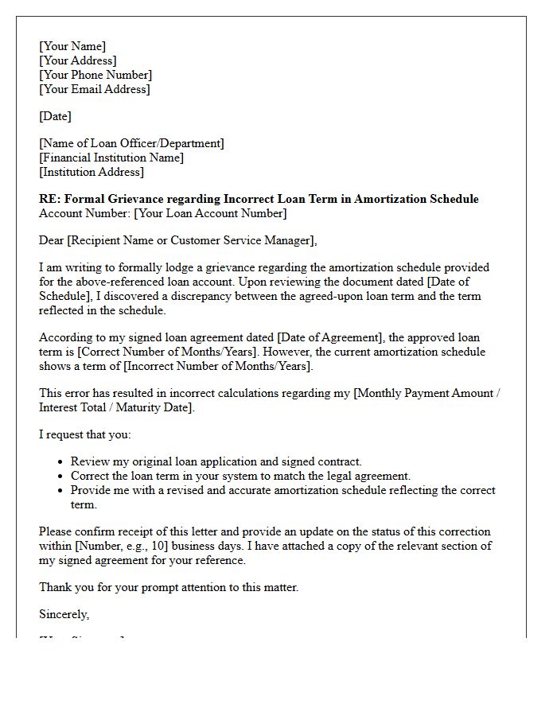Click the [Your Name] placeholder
tap(72, 46)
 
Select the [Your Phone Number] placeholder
tap(95, 75)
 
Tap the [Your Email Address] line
tap(94, 89)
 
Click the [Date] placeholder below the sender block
tap(55, 116)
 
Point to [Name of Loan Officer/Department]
tap(131, 143)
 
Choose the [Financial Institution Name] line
tap(111, 158)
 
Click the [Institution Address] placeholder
tap(92, 172)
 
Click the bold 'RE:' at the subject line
tap(49, 199)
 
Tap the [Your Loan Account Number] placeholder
tap(210, 213)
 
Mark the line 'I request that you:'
tap(85, 434)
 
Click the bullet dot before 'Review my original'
tap(61, 462)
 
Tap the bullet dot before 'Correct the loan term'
tap(61, 477)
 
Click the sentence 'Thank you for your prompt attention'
tap(169, 587)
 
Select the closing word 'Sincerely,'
tap(64, 614)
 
